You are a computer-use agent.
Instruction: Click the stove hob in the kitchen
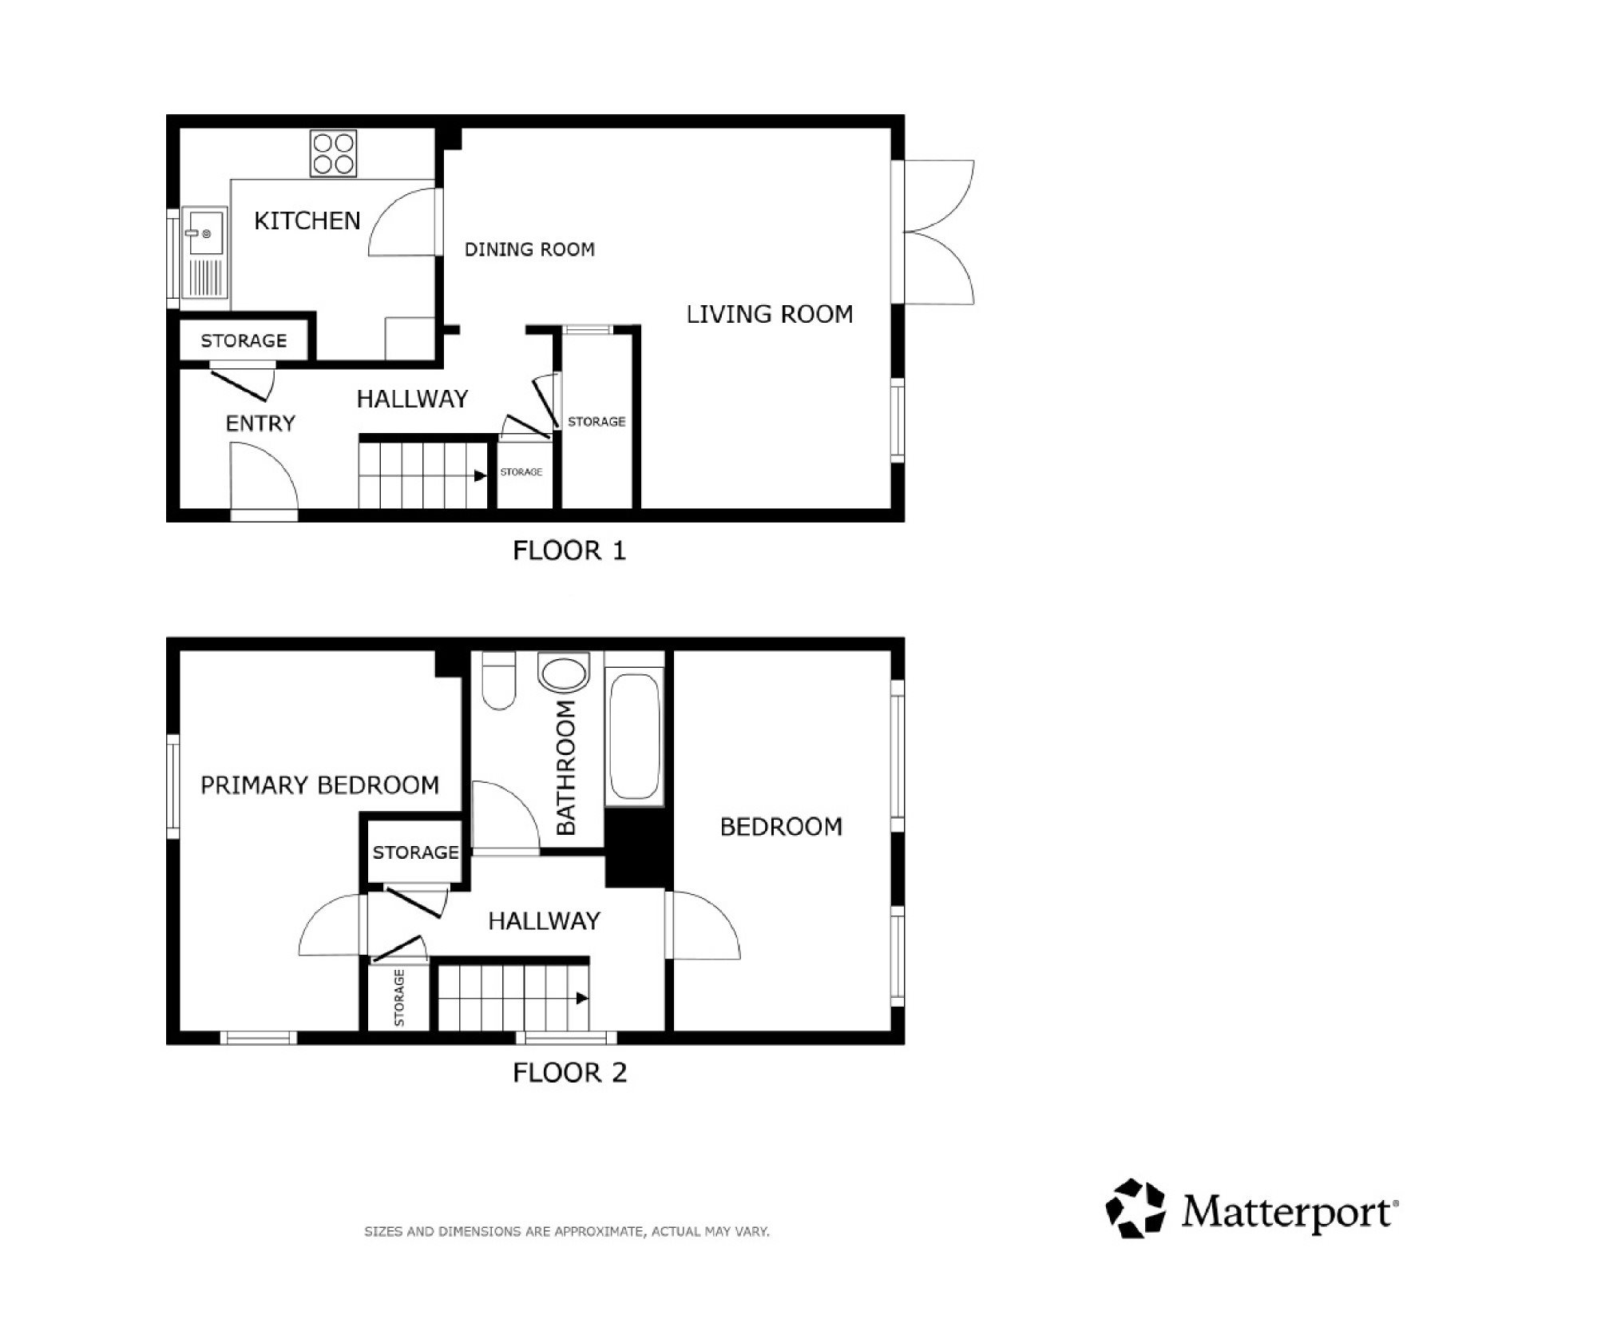click(x=333, y=154)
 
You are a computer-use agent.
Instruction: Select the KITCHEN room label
click(x=307, y=221)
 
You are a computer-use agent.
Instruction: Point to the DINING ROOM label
click(x=529, y=249)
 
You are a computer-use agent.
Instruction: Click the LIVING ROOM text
click(x=770, y=314)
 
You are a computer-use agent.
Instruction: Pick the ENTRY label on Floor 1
click(x=260, y=423)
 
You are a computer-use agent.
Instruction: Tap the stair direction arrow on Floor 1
click(x=481, y=476)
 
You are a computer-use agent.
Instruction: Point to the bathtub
click(x=635, y=737)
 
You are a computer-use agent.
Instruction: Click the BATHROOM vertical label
click(x=565, y=768)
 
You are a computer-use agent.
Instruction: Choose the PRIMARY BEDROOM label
click(x=319, y=785)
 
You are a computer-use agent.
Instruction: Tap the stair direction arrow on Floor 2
click(x=582, y=999)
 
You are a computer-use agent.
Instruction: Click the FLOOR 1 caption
click(x=569, y=550)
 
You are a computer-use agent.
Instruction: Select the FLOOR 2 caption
click(x=569, y=1072)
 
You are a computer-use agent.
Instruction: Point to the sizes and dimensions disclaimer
click(x=567, y=1232)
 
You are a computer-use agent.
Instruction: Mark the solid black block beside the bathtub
click(x=636, y=847)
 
